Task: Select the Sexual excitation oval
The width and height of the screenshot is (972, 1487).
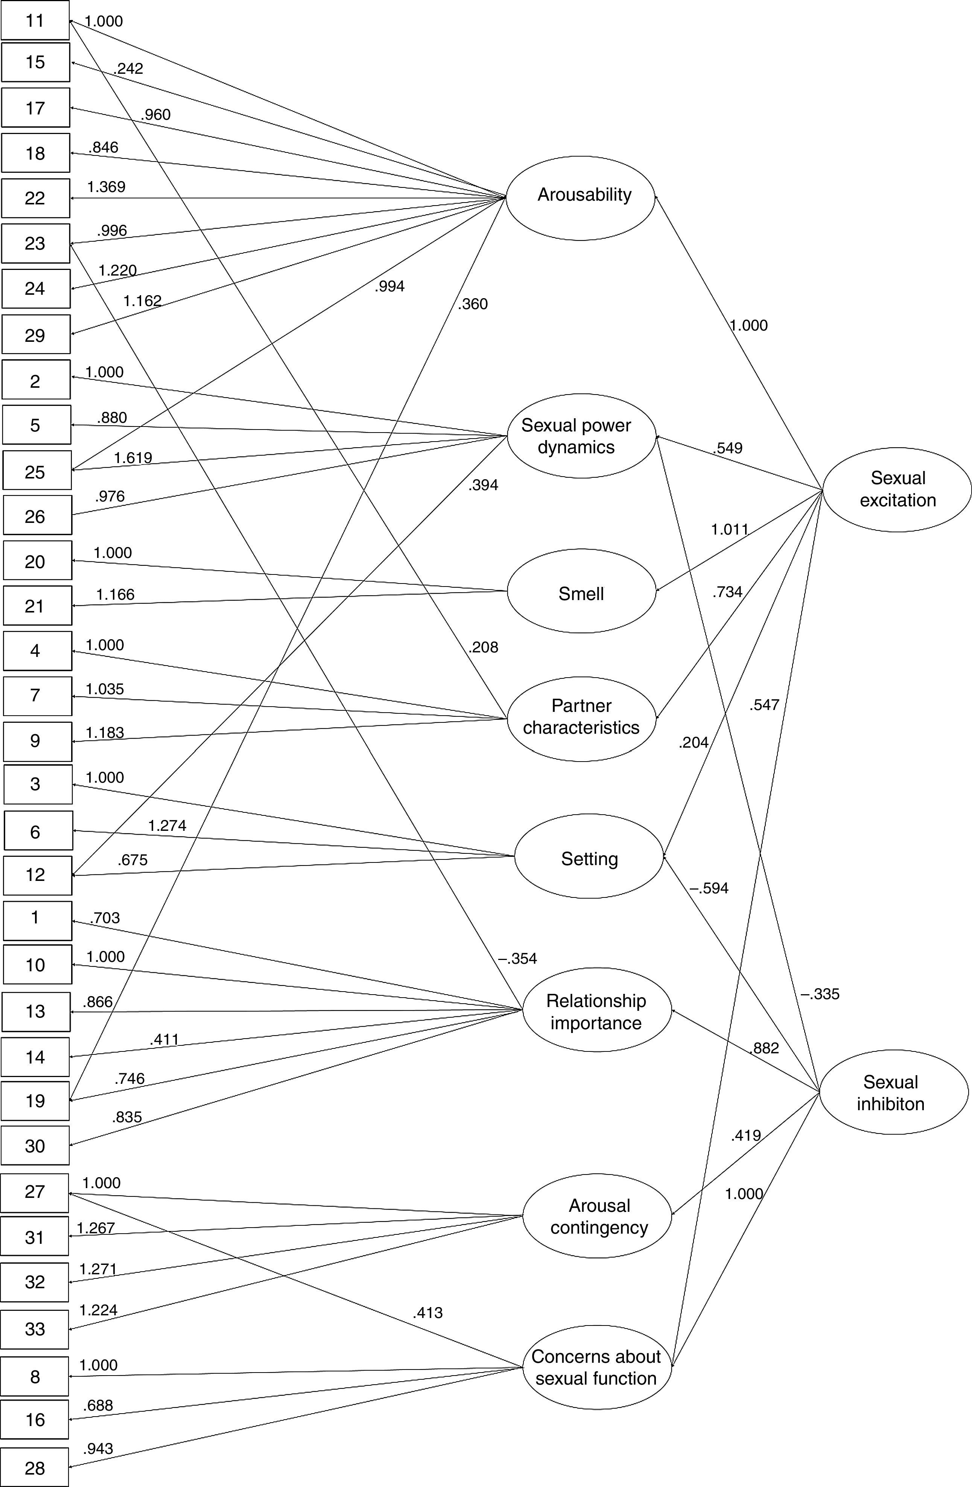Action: pos(897,489)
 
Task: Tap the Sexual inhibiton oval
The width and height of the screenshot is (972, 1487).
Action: pos(893,1092)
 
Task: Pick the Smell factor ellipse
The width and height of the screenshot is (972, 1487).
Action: pos(581,592)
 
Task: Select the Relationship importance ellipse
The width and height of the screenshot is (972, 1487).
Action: pos(596,1010)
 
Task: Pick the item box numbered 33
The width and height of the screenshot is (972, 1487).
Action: pos(34,1328)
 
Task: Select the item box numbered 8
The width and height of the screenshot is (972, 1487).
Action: pos(34,1376)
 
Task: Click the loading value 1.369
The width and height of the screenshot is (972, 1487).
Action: pos(106,187)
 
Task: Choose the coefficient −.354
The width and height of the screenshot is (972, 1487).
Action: pos(517,958)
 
